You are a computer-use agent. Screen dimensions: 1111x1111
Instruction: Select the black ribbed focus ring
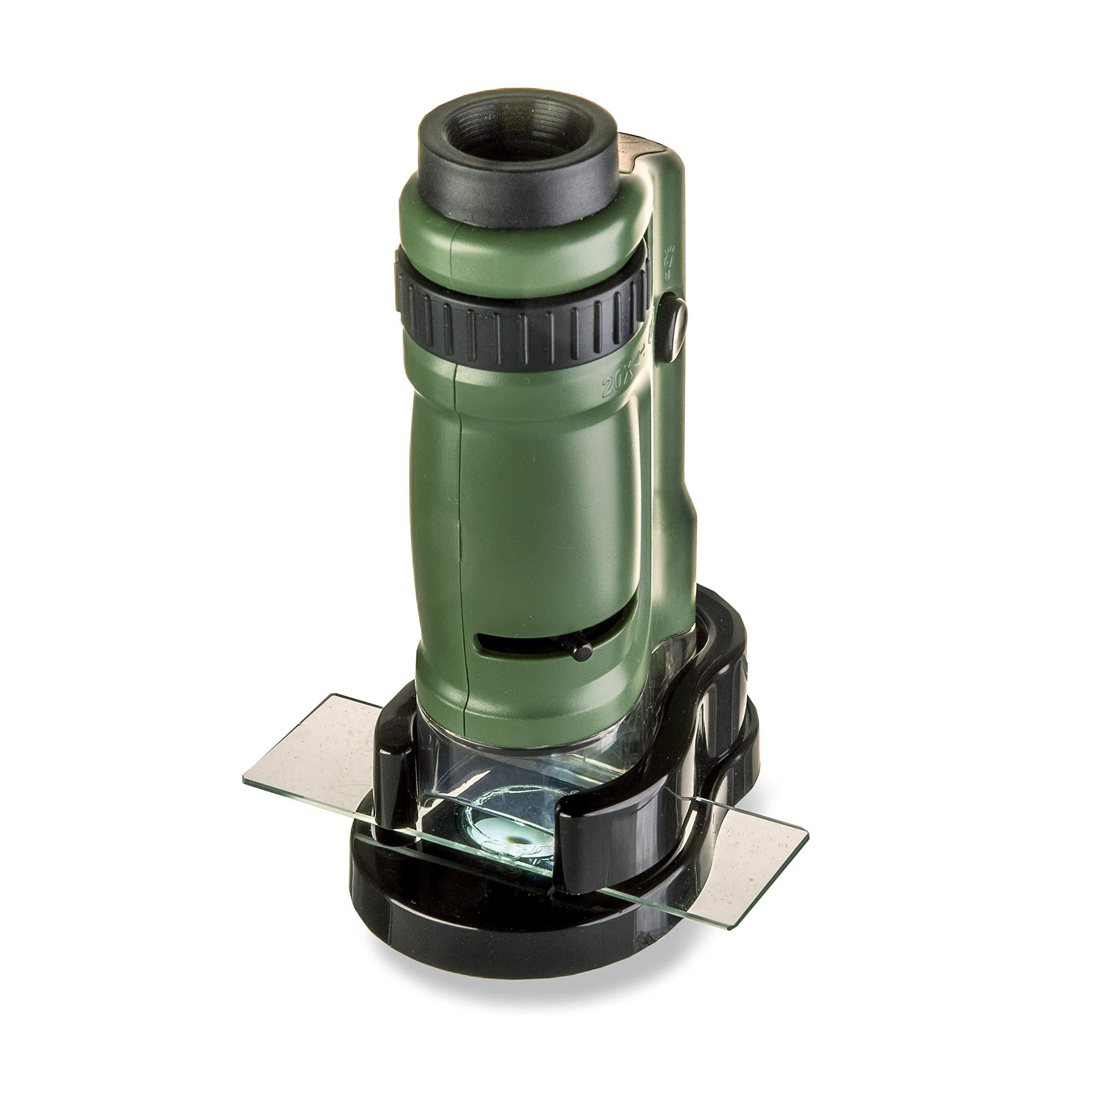point(518,322)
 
